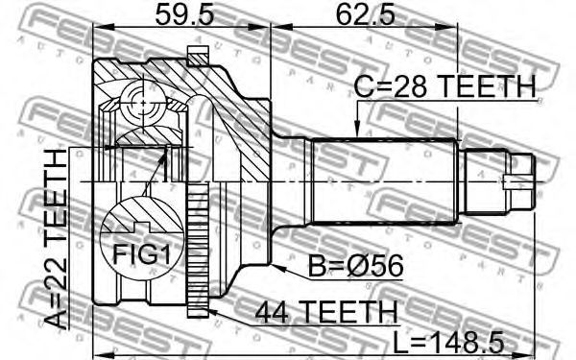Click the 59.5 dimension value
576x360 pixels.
click(184, 15)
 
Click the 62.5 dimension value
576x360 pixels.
click(366, 15)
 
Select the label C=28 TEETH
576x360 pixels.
click(444, 86)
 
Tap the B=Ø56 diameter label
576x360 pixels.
click(355, 266)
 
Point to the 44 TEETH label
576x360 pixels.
click(326, 312)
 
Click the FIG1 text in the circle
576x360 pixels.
click(142, 254)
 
